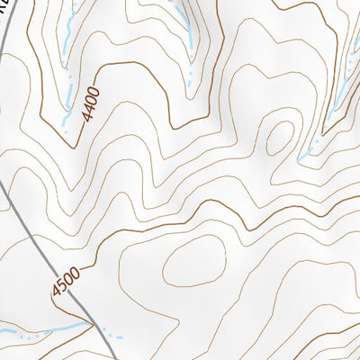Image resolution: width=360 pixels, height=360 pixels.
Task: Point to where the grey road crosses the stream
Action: click(x=94, y=321)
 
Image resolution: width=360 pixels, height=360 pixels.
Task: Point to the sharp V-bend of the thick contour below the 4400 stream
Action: click(x=65, y=144)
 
